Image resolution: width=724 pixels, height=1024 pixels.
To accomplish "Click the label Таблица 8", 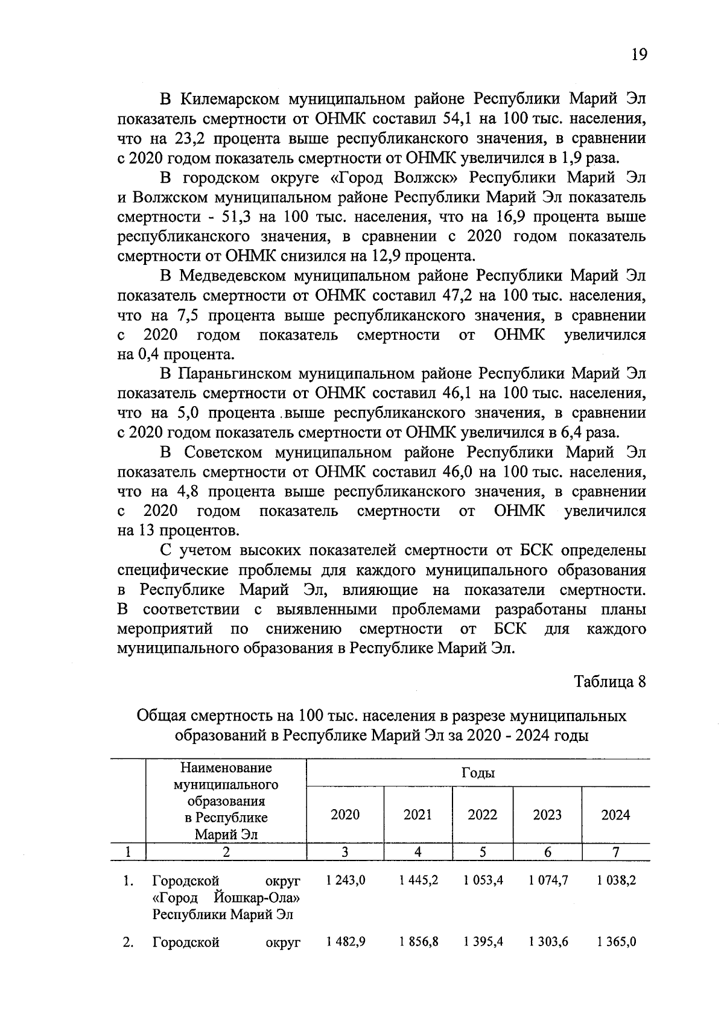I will point(610,682).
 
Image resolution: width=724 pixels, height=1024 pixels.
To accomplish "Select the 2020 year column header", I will point(345,815).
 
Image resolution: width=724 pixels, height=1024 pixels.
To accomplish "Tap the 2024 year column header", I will point(615,815).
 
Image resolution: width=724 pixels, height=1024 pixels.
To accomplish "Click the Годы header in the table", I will point(478,773).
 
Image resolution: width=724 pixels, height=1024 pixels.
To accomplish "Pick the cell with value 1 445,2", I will point(418,880).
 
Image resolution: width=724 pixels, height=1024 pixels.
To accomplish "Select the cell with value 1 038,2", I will point(616,880).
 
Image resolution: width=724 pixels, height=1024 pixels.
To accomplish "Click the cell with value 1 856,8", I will point(418,942).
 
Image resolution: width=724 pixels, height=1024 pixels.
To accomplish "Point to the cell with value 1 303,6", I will point(548,942).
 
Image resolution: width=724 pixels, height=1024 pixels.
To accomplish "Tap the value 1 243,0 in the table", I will point(345,880).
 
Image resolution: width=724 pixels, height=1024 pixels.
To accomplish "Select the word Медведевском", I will point(233,276).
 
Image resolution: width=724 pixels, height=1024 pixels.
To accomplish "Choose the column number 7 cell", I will point(615,852).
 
